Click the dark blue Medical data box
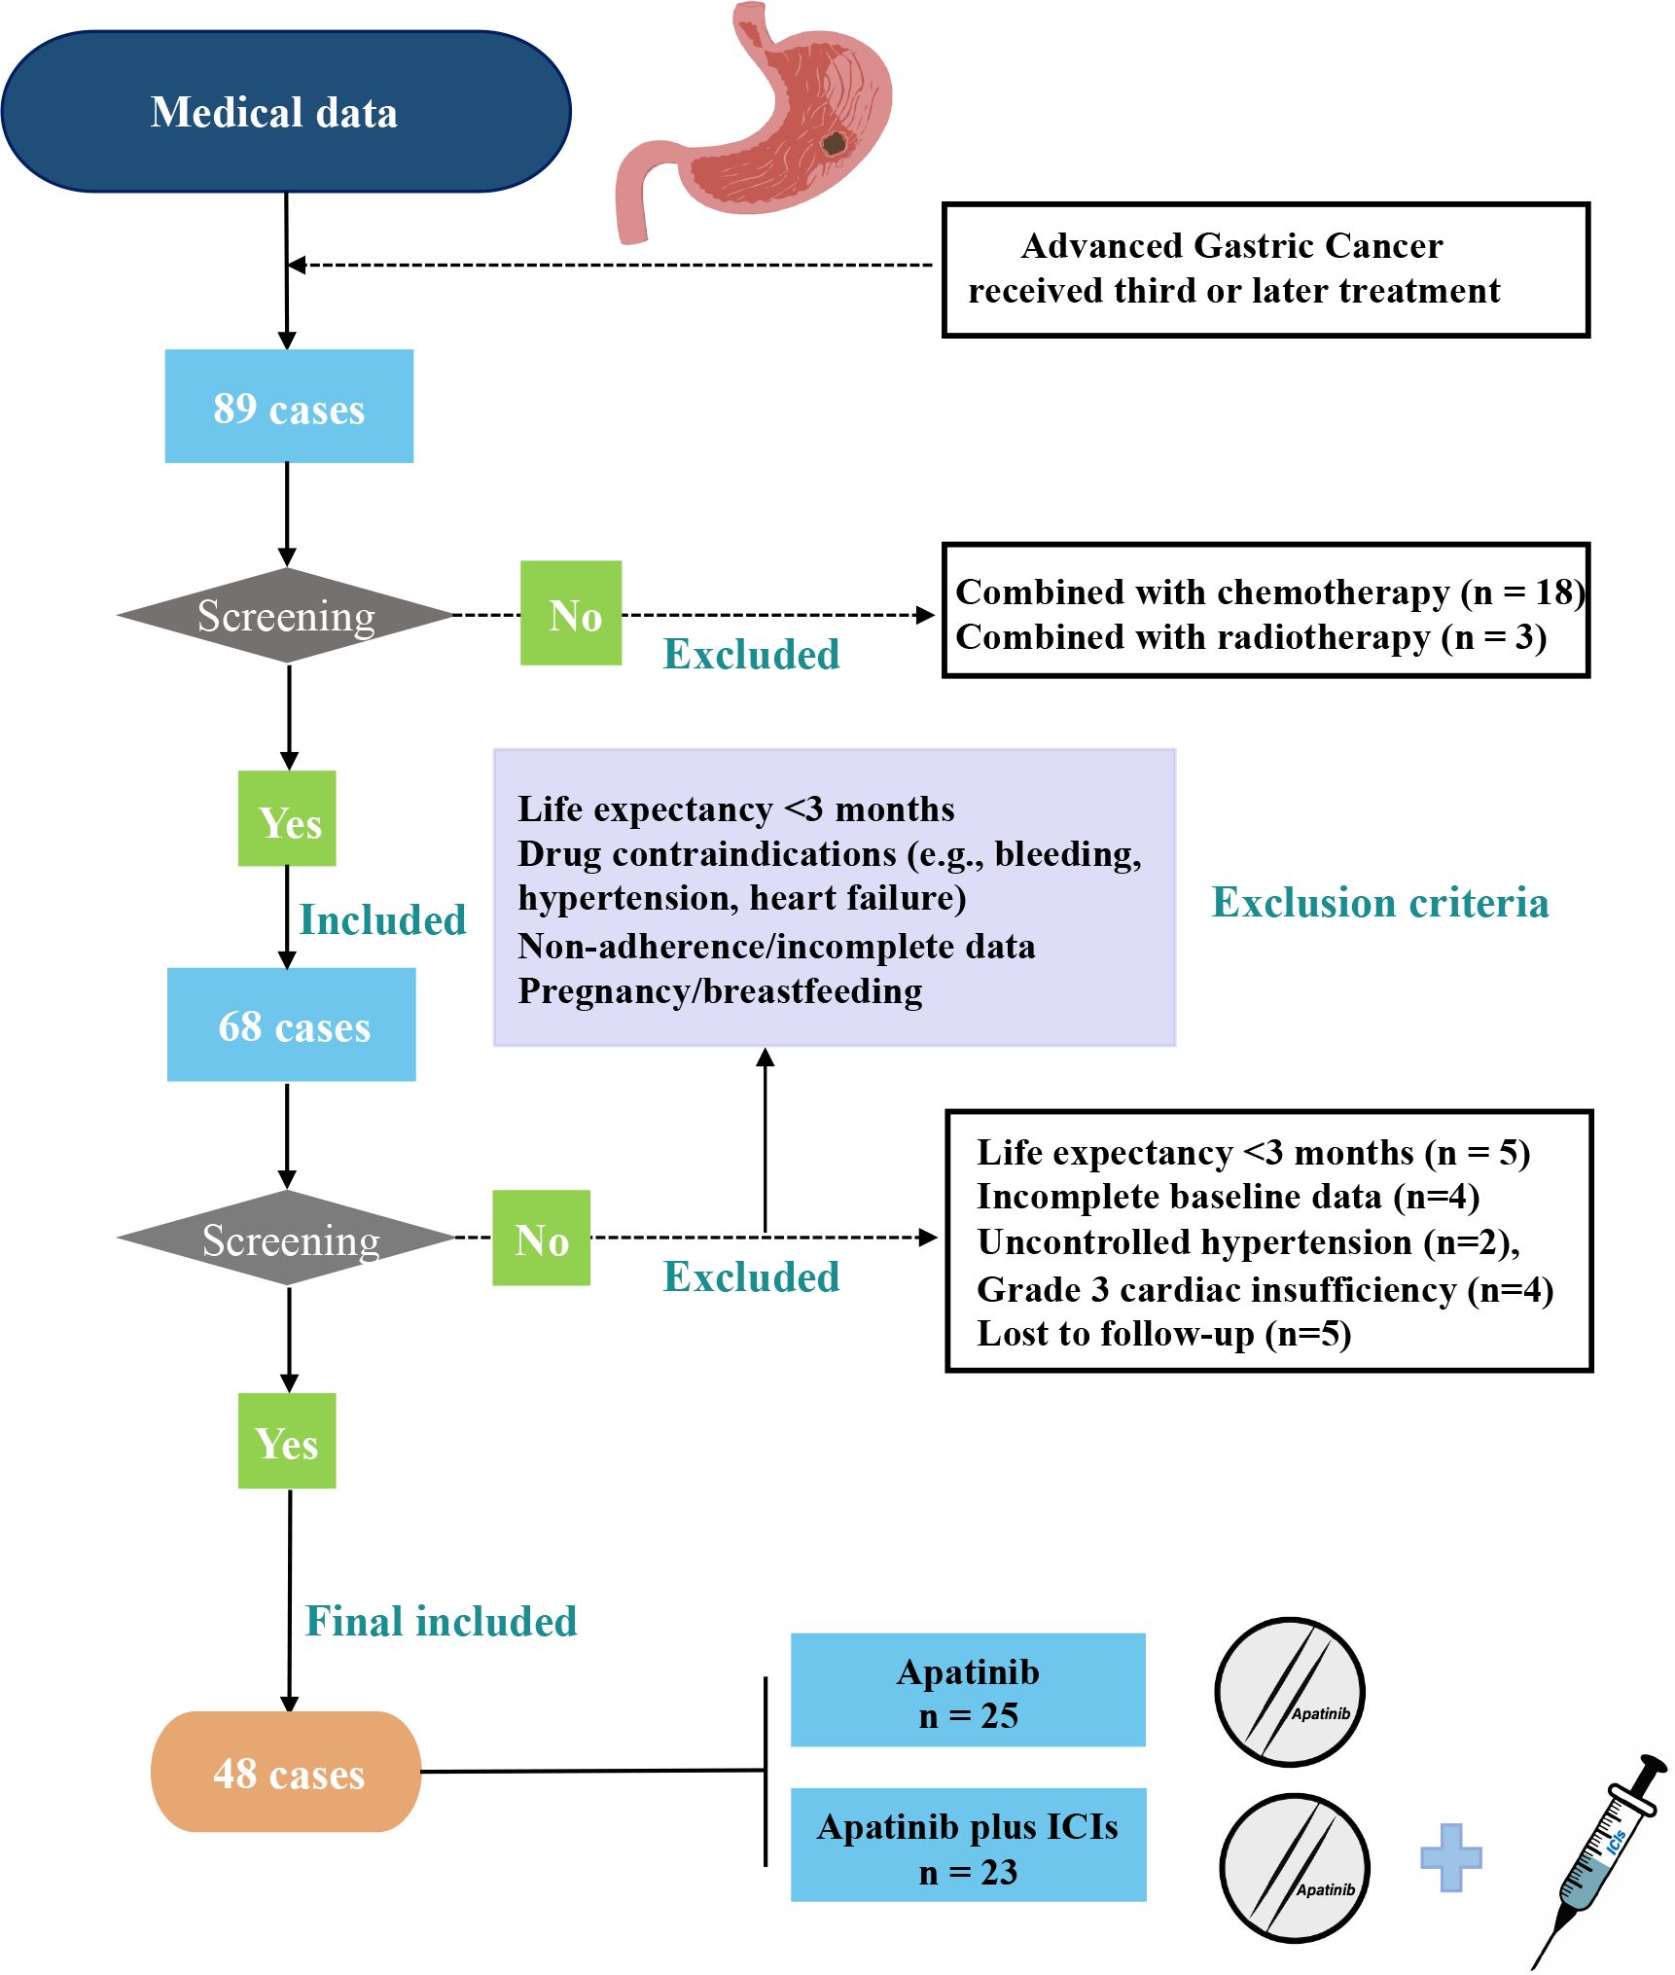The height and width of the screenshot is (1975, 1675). point(286,112)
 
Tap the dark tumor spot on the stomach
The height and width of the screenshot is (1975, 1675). point(835,144)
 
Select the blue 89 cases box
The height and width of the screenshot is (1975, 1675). point(289,406)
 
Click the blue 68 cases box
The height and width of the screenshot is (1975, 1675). point(292,1024)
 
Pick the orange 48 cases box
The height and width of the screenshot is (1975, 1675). point(286,1772)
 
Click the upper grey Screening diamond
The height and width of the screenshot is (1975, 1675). point(286,615)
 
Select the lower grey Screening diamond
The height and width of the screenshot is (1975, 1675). point(286,1238)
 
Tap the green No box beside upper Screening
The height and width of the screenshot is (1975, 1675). point(571,613)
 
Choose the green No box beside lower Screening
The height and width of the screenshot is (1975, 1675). point(541,1238)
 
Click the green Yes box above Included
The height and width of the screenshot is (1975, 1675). point(287,818)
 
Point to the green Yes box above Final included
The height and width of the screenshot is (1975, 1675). point(287,1441)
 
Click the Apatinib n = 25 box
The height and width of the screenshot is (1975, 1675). point(968,1690)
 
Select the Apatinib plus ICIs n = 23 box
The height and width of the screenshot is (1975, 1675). point(969,1845)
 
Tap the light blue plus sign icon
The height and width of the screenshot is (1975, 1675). point(1451,1857)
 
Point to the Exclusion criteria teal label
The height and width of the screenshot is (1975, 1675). point(1379,902)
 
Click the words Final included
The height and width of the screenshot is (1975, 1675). point(441,1621)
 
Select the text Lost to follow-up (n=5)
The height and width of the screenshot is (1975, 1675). point(1163,1333)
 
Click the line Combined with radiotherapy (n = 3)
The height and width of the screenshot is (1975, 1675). point(1251,636)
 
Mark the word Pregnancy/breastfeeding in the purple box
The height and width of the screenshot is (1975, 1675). point(720,990)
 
